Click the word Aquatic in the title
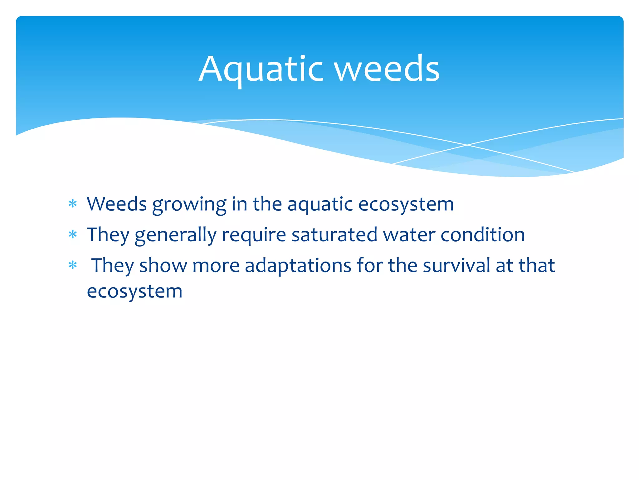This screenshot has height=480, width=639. point(261,69)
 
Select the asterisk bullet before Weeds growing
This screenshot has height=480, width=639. point(73,204)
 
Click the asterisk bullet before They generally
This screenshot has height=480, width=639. point(73,235)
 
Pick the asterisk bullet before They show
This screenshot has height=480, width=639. point(73,265)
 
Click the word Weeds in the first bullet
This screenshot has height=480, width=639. point(116,204)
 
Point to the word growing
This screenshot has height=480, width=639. point(189,205)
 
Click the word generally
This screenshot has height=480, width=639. point(175,235)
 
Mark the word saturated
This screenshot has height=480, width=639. point(334,235)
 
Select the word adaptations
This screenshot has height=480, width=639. point(298,266)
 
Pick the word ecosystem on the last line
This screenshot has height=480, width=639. point(134,292)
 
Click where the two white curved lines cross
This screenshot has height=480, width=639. point(467,145)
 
